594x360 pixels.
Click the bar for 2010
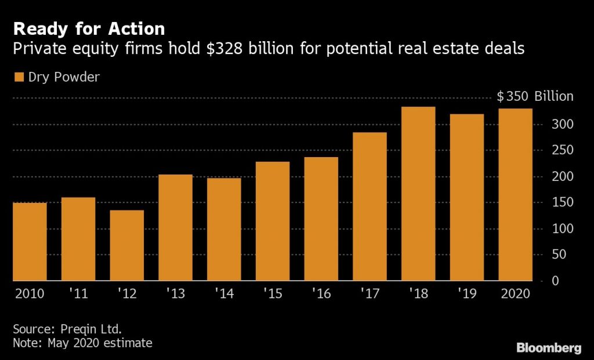(x=30, y=242)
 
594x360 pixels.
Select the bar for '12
(x=126, y=245)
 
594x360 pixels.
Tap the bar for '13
(x=175, y=228)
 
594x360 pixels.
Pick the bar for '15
(x=273, y=221)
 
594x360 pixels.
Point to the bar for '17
(x=370, y=206)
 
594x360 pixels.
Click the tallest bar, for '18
(x=418, y=194)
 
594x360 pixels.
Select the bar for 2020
(x=516, y=195)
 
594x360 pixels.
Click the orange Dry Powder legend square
(x=19, y=77)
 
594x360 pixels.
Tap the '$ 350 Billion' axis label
(x=535, y=97)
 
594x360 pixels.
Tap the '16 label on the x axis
(x=321, y=294)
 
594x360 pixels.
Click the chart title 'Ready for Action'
(x=89, y=28)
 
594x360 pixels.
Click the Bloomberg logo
(x=549, y=348)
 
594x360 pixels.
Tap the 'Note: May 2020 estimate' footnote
(x=82, y=343)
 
